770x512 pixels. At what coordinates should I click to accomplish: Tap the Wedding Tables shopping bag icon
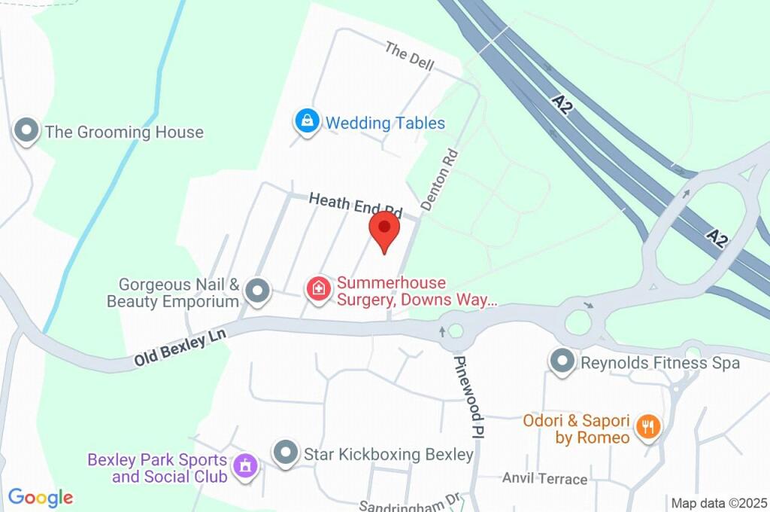coord(307,121)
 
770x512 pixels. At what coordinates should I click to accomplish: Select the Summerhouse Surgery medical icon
coord(319,288)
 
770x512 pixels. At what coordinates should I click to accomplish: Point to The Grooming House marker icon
coord(27,131)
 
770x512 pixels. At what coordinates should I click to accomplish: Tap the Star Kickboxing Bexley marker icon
coord(285,453)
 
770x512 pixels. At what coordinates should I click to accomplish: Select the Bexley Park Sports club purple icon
coord(244,465)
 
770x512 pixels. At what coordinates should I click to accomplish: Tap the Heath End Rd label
coord(356,203)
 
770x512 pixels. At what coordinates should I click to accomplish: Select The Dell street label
coord(410,57)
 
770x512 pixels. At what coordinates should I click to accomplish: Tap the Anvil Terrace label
coord(544,478)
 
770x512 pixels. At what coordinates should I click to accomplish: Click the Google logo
coord(41,497)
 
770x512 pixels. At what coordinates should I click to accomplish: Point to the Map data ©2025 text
coord(719,503)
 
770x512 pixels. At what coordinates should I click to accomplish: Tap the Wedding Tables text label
coord(385,123)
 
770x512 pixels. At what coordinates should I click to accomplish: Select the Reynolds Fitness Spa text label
coord(660,363)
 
